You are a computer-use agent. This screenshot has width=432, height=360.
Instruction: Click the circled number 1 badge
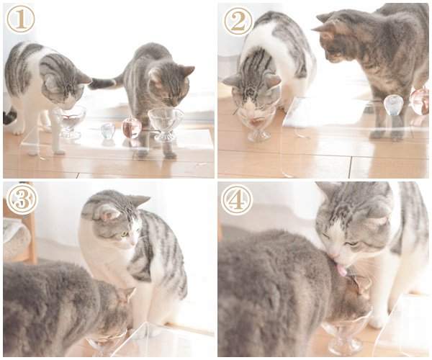[21, 19]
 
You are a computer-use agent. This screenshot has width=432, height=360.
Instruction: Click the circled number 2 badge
[238, 20]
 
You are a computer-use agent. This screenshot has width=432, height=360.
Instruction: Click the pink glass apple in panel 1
[132, 127]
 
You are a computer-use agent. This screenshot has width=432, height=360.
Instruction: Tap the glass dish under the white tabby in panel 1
[70, 121]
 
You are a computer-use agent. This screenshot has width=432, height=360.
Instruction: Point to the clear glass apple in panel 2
[393, 104]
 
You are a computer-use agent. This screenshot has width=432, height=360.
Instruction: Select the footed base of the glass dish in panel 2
[258, 135]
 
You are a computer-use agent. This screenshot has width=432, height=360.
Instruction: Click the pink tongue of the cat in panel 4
[342, 270]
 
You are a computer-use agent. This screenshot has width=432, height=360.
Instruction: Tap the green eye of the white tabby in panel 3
[125, 234]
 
